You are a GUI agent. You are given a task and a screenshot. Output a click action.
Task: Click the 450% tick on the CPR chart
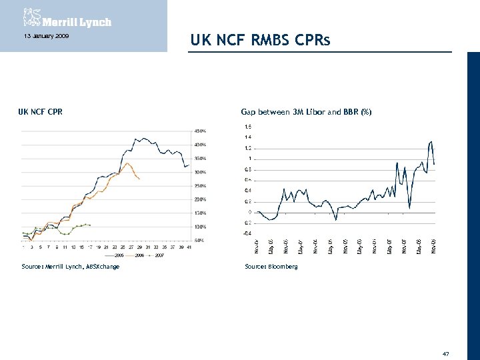pyautogui.click(x=200, y=131)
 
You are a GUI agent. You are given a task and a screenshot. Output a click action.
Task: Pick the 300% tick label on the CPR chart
pyautogui.click(x=200, y=172)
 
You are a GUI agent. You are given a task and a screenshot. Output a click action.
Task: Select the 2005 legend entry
pyautogui.click(x=117, y=255)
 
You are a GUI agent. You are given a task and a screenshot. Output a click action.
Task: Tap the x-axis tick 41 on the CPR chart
pyautogui.click(x=189, y=246)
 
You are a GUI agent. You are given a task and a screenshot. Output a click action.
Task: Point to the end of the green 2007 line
pyautogui.click(x=90, y=225)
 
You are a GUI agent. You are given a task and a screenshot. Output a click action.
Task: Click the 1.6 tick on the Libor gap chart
pyautogui.click(x=248, y=126)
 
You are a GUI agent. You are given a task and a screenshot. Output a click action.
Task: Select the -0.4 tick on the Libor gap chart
pyautogui.click(x=247, y=233)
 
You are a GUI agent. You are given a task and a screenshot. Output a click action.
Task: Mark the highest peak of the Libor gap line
pyautogui.click(x=431, y=141)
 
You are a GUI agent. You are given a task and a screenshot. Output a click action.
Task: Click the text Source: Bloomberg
pyautogui.click(x=271, y=266)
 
